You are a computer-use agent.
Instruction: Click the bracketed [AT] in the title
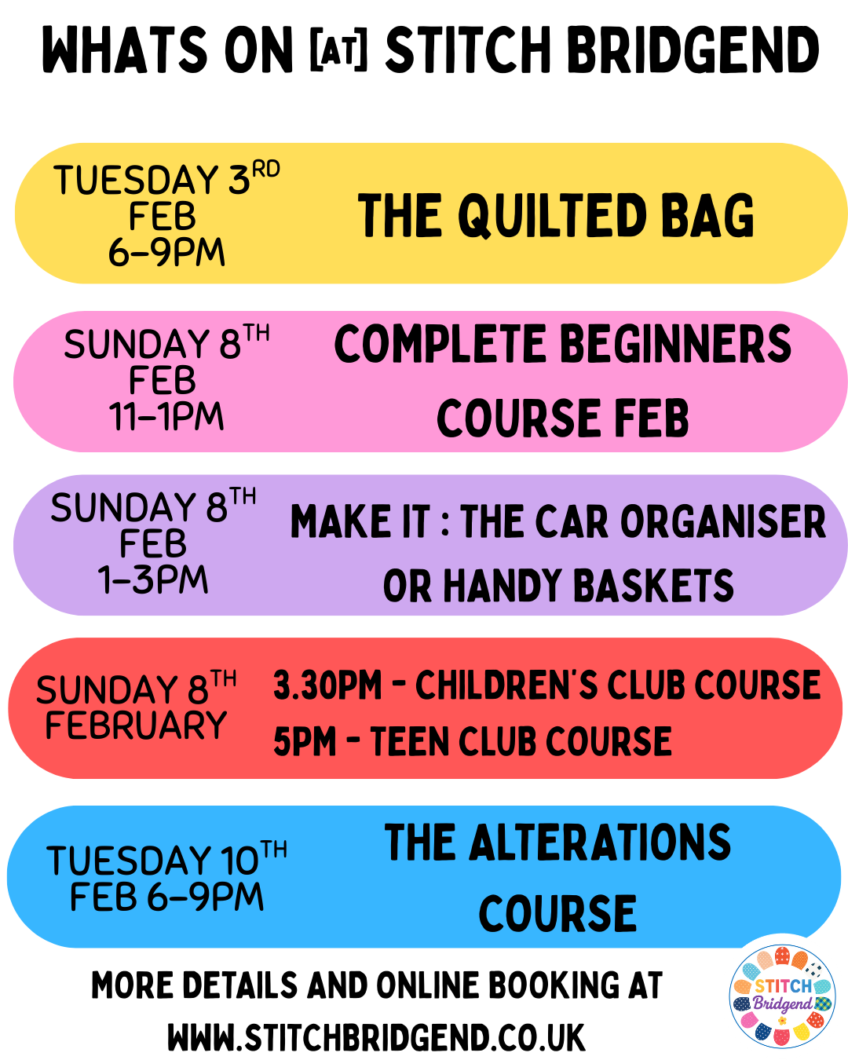coord(339,49)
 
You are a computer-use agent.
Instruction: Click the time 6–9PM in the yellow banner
coord(166,252)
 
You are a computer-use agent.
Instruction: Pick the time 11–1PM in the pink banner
coord(166,417)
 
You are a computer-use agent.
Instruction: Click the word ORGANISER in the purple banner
coord(723,521)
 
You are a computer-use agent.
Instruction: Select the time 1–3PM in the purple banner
coord(153,579)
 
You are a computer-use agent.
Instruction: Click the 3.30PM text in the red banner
coord(327,685)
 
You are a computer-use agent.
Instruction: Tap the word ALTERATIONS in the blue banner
coord(557,843)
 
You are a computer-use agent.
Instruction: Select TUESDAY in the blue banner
coord(129,861)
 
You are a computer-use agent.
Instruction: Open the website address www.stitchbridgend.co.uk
coord(376,1037)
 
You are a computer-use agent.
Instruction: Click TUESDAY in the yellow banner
coord(136,180)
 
